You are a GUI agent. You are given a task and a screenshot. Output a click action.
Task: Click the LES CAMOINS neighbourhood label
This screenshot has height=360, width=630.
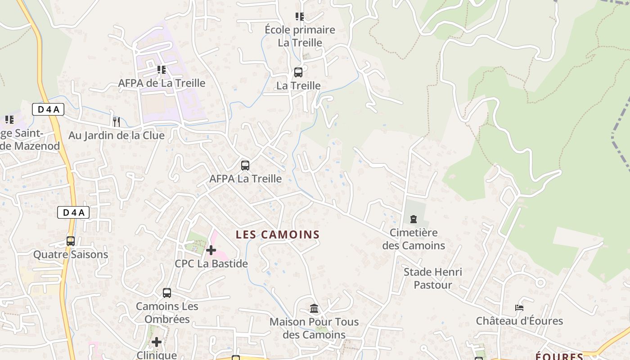click(278, 234)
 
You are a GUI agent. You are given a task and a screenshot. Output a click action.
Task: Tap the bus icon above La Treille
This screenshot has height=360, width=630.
click(298, 72)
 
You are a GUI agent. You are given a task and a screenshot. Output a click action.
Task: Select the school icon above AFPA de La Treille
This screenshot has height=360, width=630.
click(162, 70)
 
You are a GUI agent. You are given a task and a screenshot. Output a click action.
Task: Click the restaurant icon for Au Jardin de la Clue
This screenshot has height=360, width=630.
click(117, 121)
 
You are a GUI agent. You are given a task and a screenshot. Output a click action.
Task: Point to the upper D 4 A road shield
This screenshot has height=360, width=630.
click(48, 109)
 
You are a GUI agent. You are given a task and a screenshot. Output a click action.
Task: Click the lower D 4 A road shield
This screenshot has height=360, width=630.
click(73, 213)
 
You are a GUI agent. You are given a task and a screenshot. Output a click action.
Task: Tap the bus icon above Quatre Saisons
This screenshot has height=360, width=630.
click(71, 241)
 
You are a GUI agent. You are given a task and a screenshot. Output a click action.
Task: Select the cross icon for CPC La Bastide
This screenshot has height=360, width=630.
click(211, 250)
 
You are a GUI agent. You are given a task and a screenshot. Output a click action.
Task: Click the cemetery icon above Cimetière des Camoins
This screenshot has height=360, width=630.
click(413, 219)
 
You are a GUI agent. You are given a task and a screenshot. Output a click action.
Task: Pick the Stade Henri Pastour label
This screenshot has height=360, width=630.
click(432, 278)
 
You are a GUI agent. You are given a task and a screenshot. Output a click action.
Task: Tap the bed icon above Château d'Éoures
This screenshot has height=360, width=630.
click(519, 308)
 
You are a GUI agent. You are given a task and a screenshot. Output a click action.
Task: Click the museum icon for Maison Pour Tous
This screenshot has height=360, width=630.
click(314, 309)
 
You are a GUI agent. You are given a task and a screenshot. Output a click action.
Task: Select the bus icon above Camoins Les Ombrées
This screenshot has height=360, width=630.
click(167, 293)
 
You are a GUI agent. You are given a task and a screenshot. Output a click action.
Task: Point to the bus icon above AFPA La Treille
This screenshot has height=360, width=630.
click(245, 165)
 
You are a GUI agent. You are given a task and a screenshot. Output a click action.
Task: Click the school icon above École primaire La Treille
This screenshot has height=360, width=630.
click(300, 17)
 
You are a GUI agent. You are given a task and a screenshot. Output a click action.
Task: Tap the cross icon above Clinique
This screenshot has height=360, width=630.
click(157, 342)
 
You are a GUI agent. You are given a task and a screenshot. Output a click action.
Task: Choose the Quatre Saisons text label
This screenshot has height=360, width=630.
click(71, 255)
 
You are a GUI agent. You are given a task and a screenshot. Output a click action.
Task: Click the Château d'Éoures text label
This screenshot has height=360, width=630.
click(519, 321)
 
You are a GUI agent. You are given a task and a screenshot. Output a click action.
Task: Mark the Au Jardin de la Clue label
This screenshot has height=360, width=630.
click(117, 135)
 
